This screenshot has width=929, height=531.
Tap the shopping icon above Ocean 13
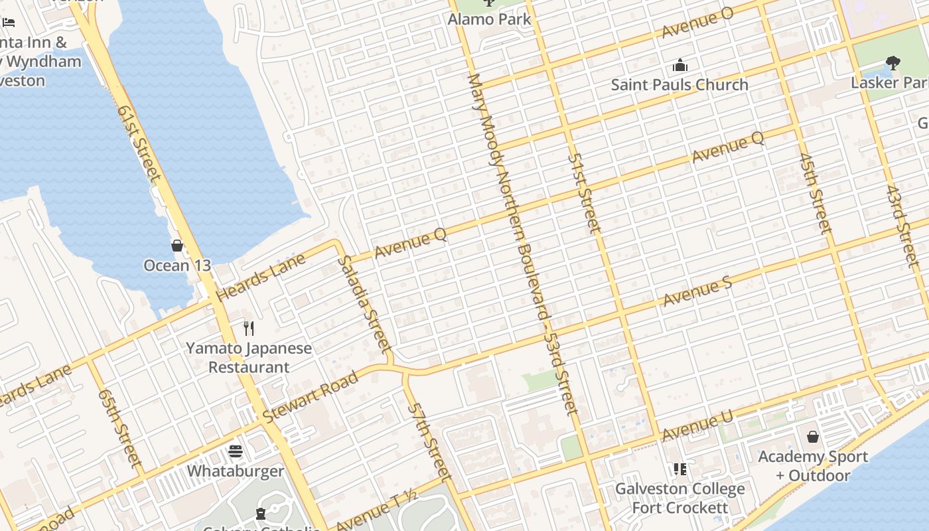(177, 246)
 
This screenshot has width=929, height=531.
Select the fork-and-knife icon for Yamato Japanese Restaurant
(249, 328)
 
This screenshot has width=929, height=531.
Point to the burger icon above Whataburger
(236, 451)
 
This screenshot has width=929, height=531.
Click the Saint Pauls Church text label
(679, 85)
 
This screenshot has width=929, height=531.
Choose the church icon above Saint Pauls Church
(680, 65)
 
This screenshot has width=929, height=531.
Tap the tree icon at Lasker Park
(893, 64)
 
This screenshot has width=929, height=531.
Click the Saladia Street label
(364, 303)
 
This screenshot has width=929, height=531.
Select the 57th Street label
(429, 441)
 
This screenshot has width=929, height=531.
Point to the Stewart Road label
(311, 396)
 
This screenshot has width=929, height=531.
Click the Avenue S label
(697, 292)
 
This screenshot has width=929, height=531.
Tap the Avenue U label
(697, 426)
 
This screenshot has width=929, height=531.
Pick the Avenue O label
(697, 24)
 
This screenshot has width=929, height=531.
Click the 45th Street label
(816, 194)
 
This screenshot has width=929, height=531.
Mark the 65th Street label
(120, 427)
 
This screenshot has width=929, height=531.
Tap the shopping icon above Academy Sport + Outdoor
(813, 437)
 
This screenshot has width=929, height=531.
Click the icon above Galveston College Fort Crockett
(679, 469)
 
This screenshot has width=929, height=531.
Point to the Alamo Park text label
(490, 19)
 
